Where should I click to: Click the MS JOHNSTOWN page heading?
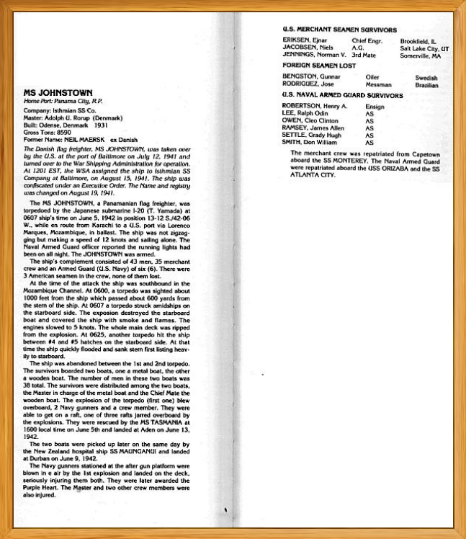point(53,94)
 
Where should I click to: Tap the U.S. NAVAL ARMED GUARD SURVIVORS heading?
point(342,94)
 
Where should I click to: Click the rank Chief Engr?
point(369,41)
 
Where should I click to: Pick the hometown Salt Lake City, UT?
point(425,48)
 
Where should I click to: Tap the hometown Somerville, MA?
point(421,55)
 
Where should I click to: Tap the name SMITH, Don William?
point(310,142)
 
